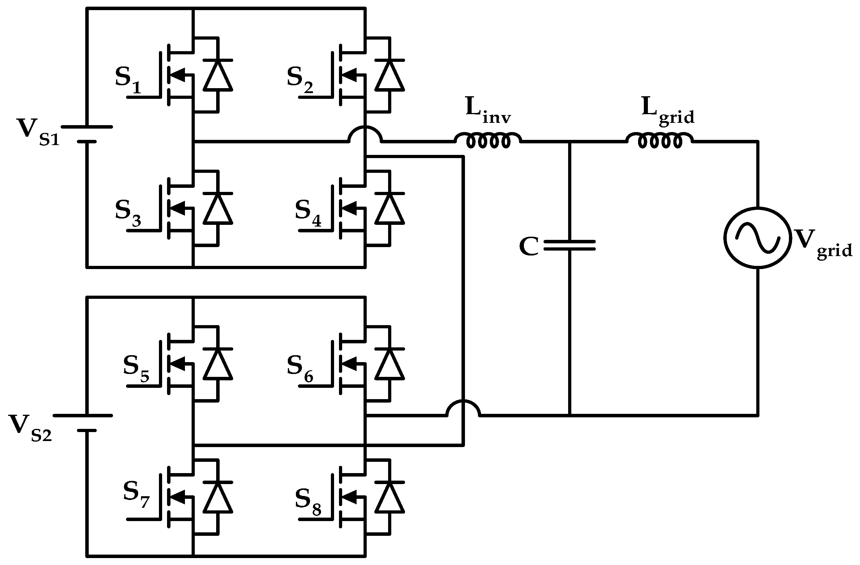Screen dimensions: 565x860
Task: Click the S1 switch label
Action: [128, 80]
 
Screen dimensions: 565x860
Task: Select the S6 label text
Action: [300, 369]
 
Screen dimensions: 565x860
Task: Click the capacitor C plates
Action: [570, 245]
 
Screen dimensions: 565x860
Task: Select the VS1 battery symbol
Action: [87, 134]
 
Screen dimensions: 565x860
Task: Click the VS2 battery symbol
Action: [87, 423]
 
